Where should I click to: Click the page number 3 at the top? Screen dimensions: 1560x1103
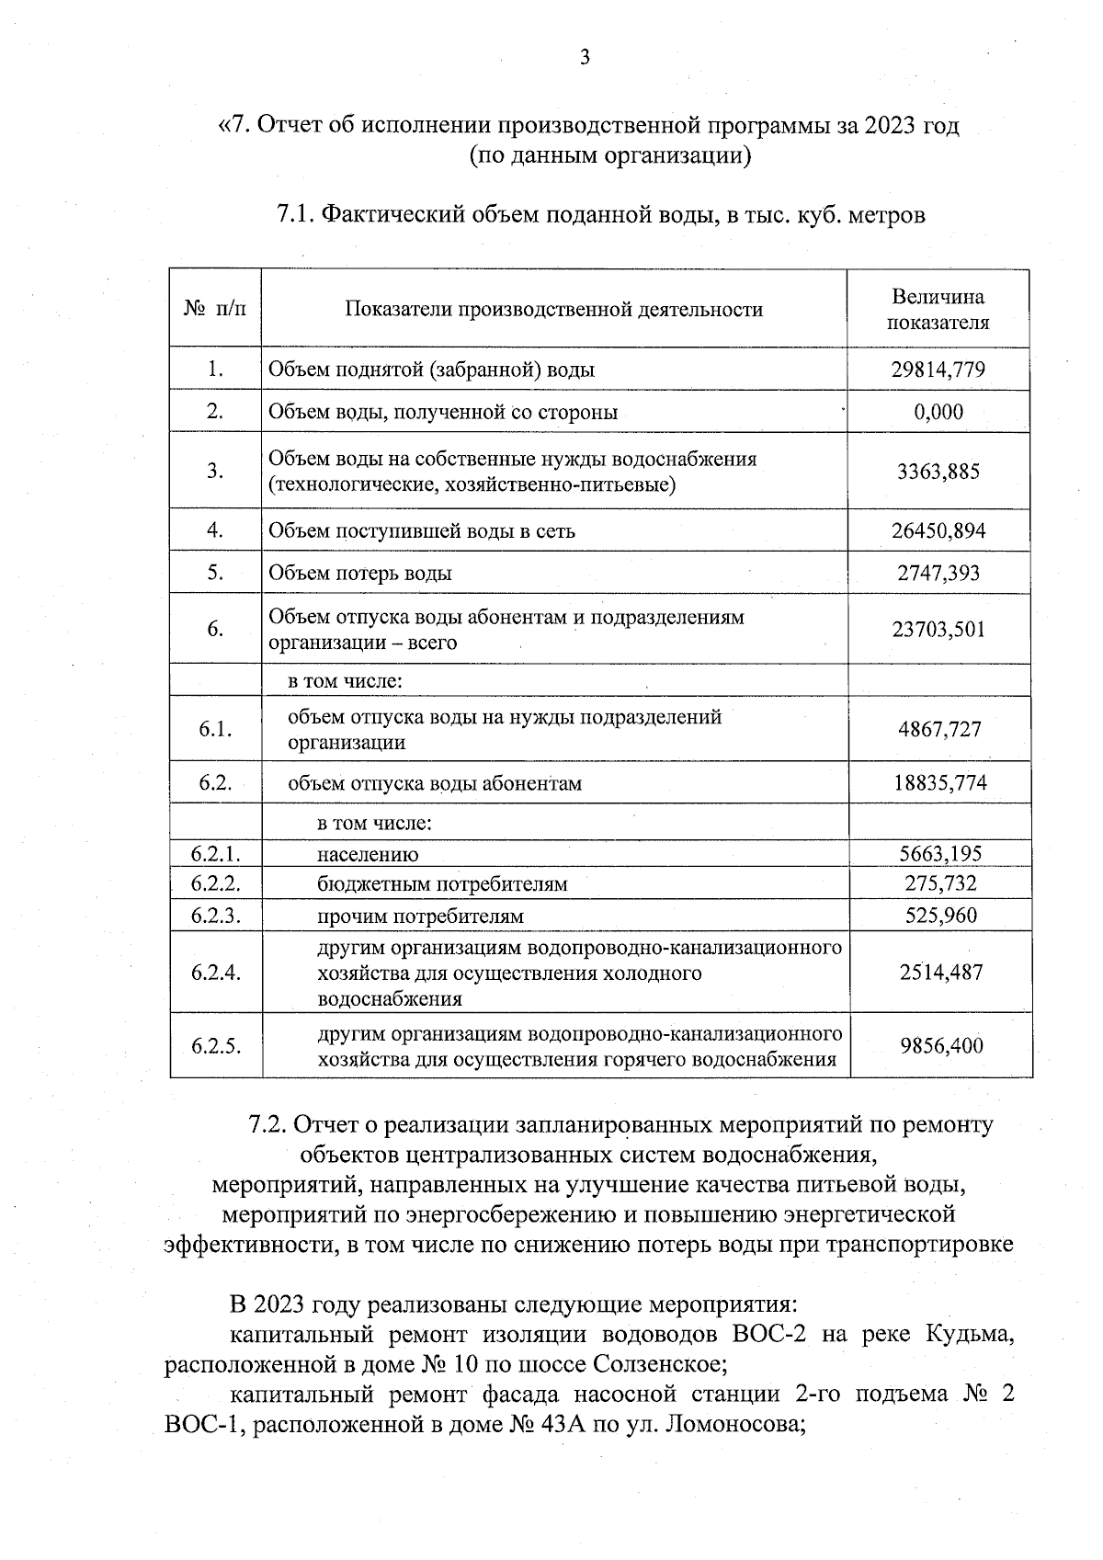[585, 58]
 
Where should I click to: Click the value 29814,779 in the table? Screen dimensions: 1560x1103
[938, 370]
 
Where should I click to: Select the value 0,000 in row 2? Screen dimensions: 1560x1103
[938, 412]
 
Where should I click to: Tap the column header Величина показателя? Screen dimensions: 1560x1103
[938, 310]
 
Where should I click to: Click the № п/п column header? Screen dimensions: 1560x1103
[215, 309]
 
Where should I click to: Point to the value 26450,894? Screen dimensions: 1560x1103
[938, 530]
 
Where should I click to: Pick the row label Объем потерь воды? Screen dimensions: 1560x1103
[360, 574]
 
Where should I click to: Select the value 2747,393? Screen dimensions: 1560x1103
[938, 574]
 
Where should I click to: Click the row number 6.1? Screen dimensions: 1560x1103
[215, 730]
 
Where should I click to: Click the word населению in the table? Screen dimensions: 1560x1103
[368, 855]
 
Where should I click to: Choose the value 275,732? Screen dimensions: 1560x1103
[940, 884]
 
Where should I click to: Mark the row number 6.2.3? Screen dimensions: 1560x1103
[216, 916]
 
